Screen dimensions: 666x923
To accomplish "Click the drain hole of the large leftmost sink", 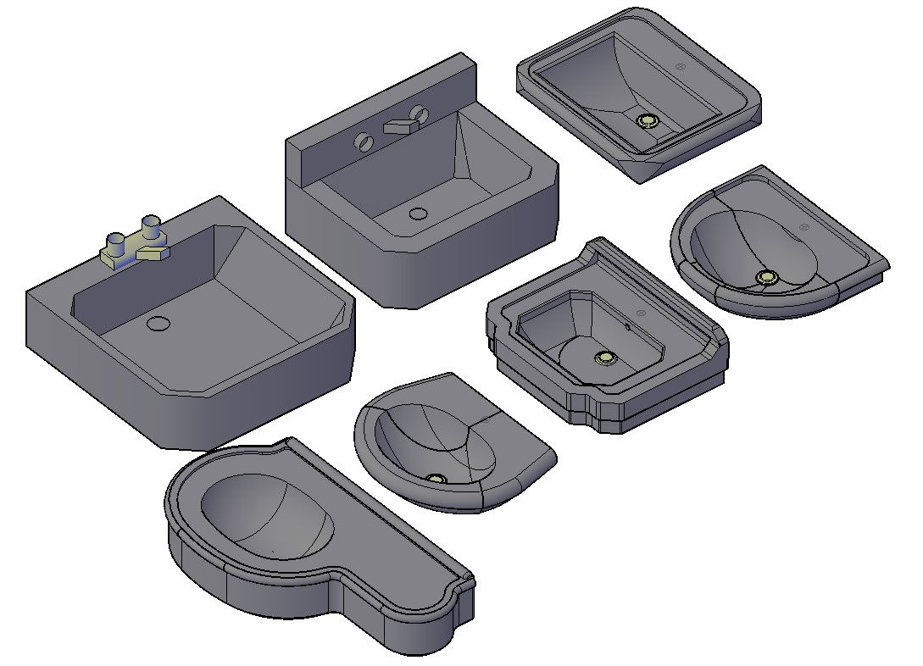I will [x=158, y=323].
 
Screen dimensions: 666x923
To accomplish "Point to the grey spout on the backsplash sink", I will [x=398, y=126].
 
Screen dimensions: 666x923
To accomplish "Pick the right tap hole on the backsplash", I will [x=417, y=112].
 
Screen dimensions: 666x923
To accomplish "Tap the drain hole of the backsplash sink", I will [x=417, y=214].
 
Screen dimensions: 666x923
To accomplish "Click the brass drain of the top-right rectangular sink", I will [x=648, y=121].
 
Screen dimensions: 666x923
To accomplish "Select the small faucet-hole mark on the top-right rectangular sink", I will [x=678, y=66].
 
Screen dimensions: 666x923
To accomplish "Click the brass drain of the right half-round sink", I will [x=768, y=276].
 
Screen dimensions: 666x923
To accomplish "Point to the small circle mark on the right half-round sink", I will [x=803, y=227].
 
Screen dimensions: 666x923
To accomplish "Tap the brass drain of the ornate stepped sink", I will [x=604, y=358].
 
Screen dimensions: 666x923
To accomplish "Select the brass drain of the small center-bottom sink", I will [x=436, y=480].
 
